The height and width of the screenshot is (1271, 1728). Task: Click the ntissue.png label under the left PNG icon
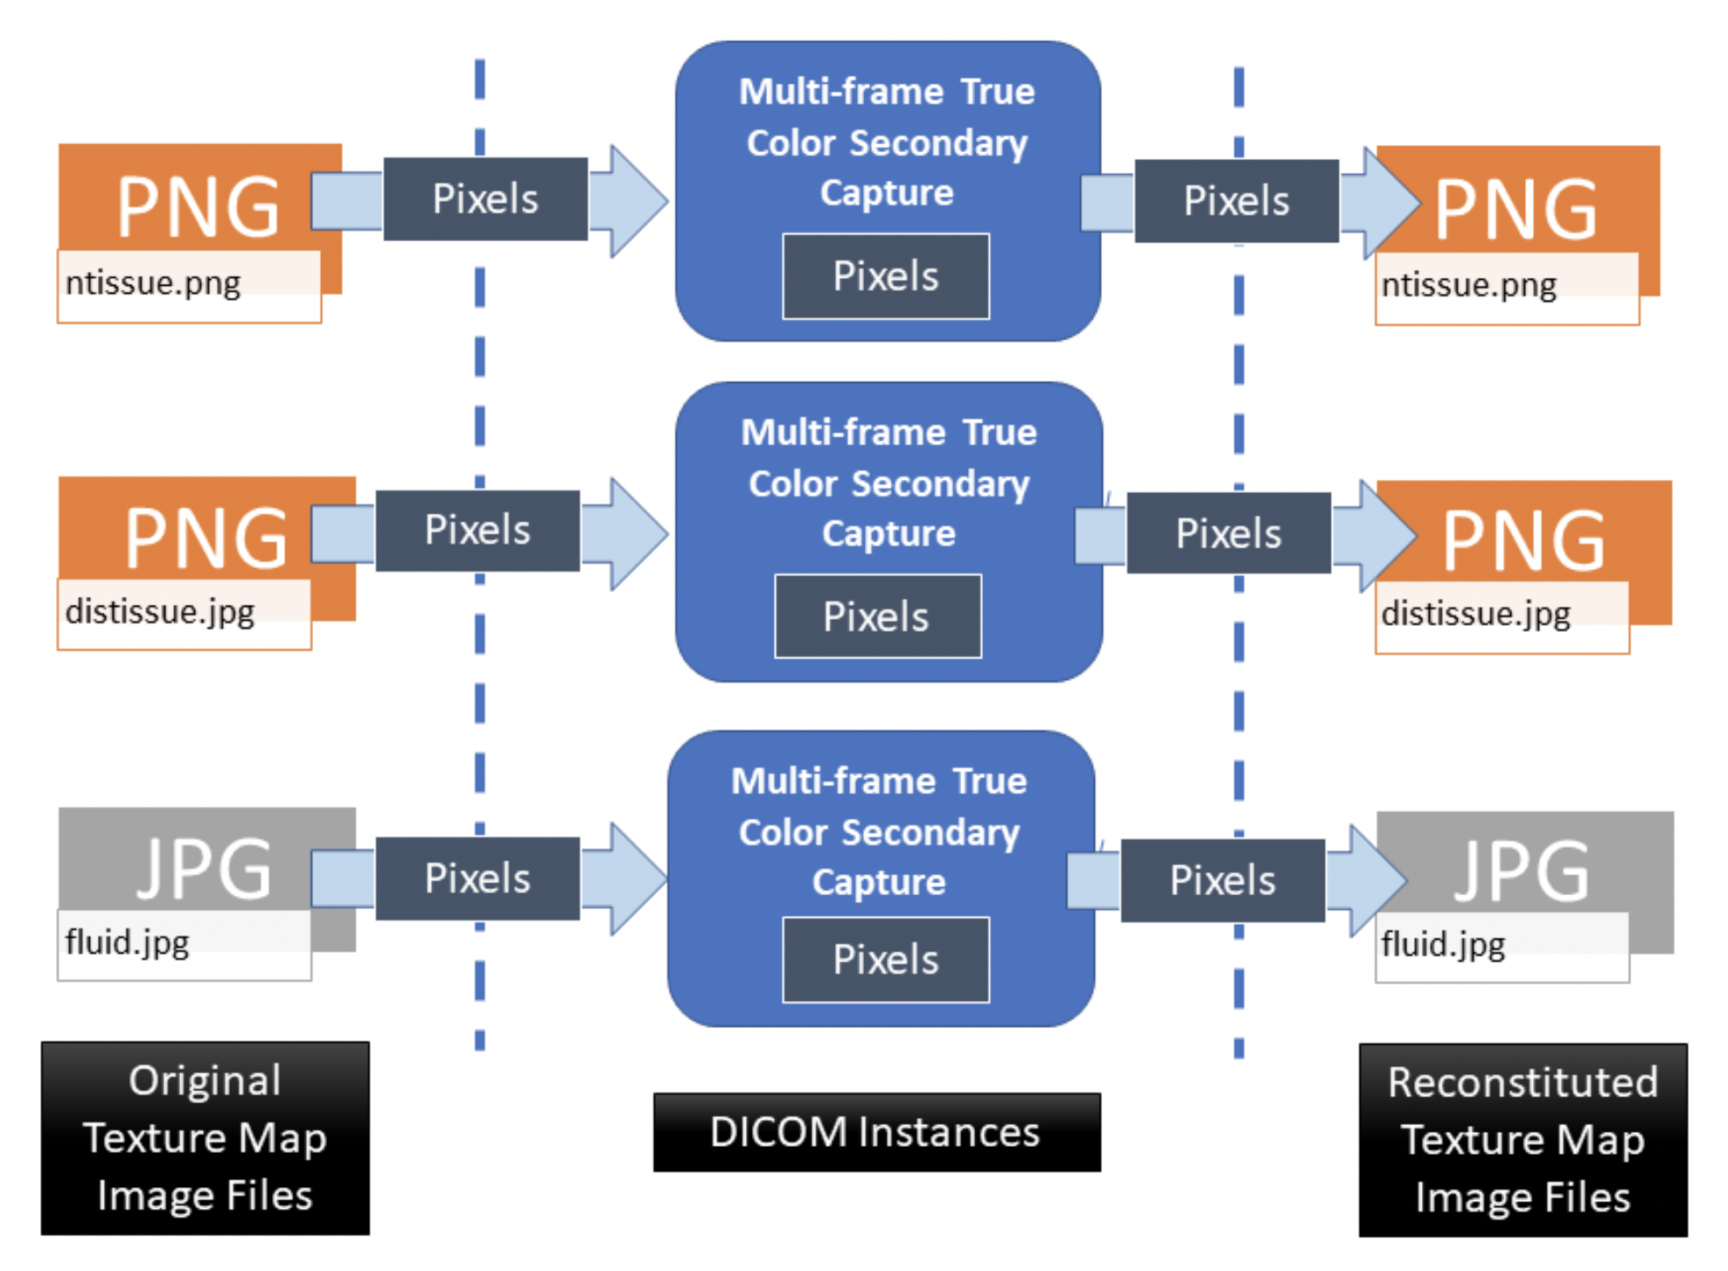[x=153, y=284]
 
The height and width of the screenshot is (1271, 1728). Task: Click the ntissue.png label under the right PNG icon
[x=1468, y=286]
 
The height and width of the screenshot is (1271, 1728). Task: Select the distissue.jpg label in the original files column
[x=160, y=612]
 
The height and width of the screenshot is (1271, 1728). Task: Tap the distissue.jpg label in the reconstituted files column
[x=1475, y=615]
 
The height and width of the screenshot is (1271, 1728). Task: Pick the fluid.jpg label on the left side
[x=128, y=942]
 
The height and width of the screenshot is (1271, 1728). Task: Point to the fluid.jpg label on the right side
[x=1443, y=945]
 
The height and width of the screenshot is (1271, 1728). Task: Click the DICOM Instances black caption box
[x=875, y=1132]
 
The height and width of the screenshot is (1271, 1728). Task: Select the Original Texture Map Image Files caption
[x=205, y=1138]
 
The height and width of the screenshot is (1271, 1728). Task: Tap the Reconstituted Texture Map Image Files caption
[x=1522, y=1140]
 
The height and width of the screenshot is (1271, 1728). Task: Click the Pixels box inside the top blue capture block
[x=885, y=276]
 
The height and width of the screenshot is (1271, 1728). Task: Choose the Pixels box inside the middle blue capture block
[x=876, y=617]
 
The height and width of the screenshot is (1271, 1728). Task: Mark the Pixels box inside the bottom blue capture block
[x=885, y=960]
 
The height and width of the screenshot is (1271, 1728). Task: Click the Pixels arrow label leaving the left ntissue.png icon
[x=485, y=199]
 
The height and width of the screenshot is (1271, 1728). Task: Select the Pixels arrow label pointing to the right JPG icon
[x=1222, y=880]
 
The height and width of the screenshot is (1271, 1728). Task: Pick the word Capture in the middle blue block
[x=888, y=533]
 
